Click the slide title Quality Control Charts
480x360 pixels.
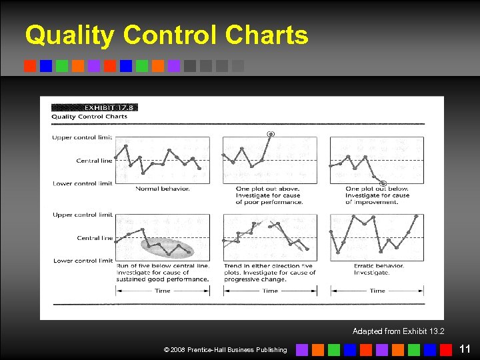point(167,35)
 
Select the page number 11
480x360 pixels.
point(465,349)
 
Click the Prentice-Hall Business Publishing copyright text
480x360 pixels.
point(225,349)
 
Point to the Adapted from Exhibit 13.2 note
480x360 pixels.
point(398,331)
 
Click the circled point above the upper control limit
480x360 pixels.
point(270,134)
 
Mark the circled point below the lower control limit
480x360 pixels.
point(383,183)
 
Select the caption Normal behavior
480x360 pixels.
point(163,189)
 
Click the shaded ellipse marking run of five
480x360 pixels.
point(167,247)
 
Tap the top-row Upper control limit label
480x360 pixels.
point(82,138)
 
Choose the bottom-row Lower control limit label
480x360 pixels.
point(82,261)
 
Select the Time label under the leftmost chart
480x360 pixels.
point(163,291)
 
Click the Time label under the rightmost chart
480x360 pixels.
point(377,291)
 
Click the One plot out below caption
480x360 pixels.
point(377,195)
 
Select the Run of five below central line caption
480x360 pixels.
point(163,273)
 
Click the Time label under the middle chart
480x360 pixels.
point(270,291)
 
